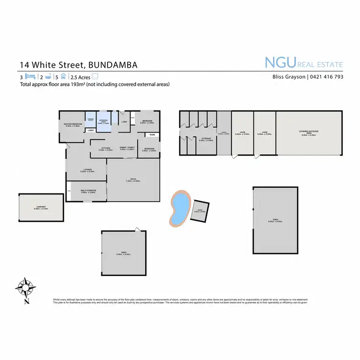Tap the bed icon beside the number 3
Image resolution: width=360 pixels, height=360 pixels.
pos(30,76)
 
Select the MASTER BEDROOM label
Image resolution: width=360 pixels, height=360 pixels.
pos(73,124)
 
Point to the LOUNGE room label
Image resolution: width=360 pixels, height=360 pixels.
pos(87,169)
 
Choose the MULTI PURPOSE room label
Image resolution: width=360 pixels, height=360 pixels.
pos(88,190)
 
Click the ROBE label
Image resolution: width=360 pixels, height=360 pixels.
pos(152,135)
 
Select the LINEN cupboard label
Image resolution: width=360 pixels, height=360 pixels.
pos(90,130)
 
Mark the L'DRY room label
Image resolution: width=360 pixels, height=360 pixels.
pos(124,121)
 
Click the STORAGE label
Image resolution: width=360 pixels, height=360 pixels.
pos(206,138)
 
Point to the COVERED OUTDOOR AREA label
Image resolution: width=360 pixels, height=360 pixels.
pos(309,132)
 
